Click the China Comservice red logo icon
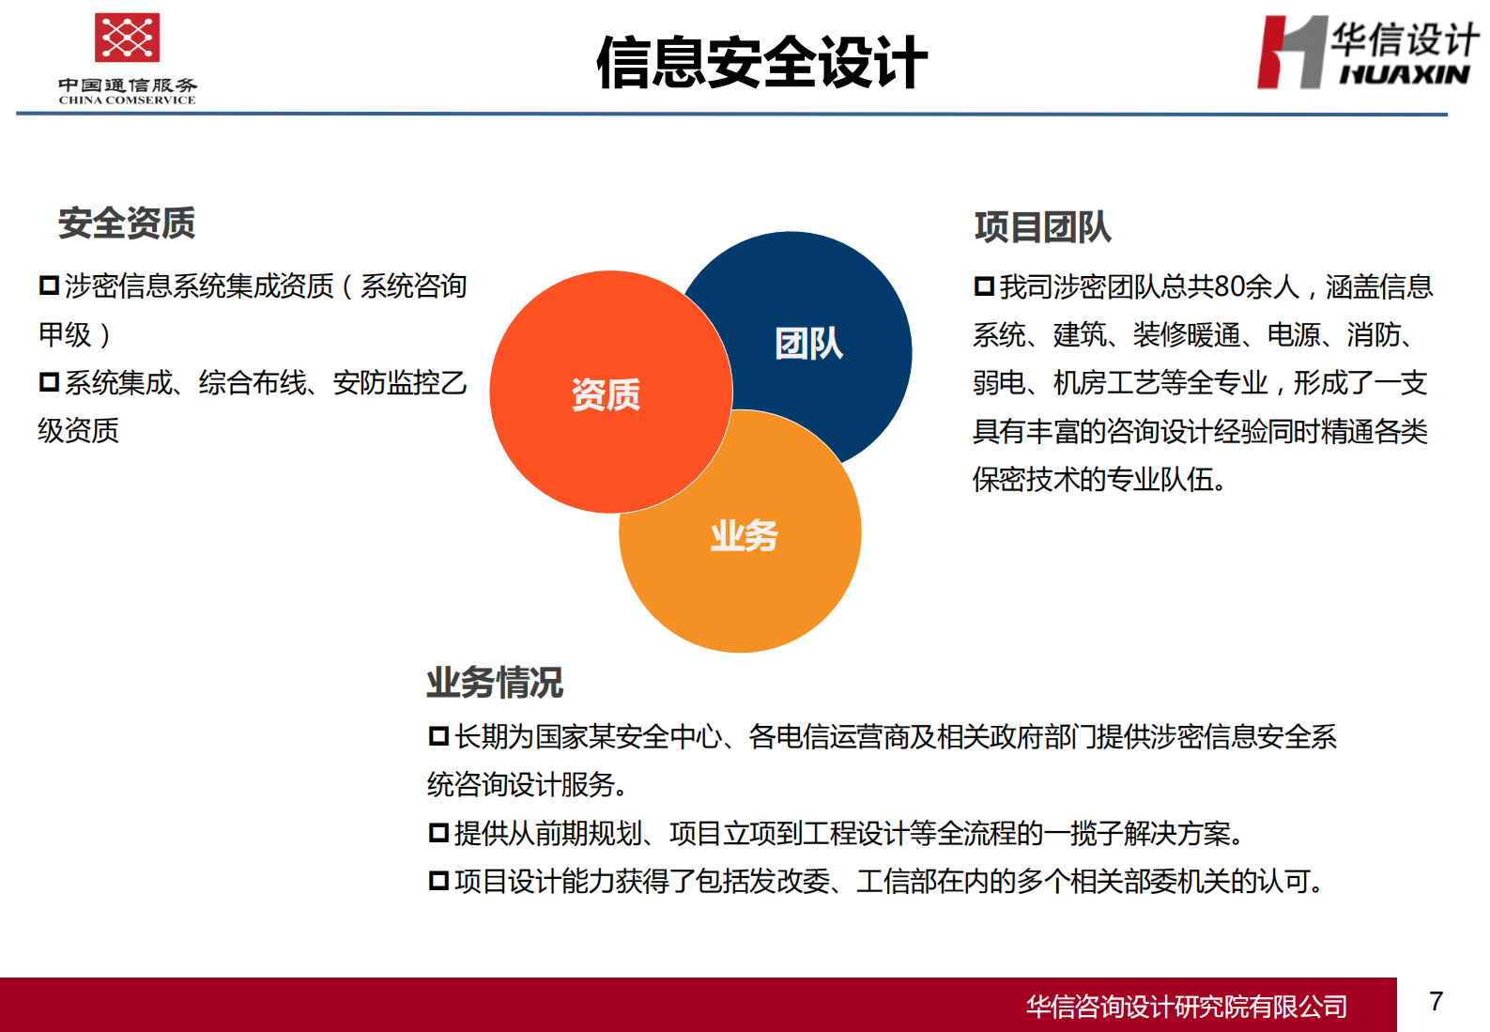pyautogui.click(x=127, y=38)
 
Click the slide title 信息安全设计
pyautogui.click(x=761, y=63)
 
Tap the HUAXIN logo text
pyautogui.click(x=1404, y=75)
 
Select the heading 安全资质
pyautogui.click(x=127, y=223)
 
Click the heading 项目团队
pyautogui.click(x=1042, y=227)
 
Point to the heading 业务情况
pyautogui.click(x=495, y=683)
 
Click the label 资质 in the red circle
pyautogui.click(x=606, y=394)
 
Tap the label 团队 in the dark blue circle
pyautogui.click(x=808, y=344)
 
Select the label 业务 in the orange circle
pyautogui.click(x=744, y=536)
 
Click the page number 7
pyautogui.click(x=1436, y=1001)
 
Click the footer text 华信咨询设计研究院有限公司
pyautogui.click(x=1186, y=1007)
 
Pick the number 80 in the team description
pyautogui.click(x=1230, y=286)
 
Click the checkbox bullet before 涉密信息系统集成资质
pyautogui.click(x=49, y=285)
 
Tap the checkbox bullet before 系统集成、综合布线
pyautogui.click(x=49, y=382)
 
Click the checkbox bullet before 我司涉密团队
pyautogui.click(x=984, y=286)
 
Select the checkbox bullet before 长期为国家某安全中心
pyautogui.click(x=438, y=736)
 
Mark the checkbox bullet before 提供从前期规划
pyautogui.click(x=438, y=833)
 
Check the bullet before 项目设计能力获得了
pyautogui.click(x=438, y=881)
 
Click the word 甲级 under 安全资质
pyautogui.click(x=65, y=334)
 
